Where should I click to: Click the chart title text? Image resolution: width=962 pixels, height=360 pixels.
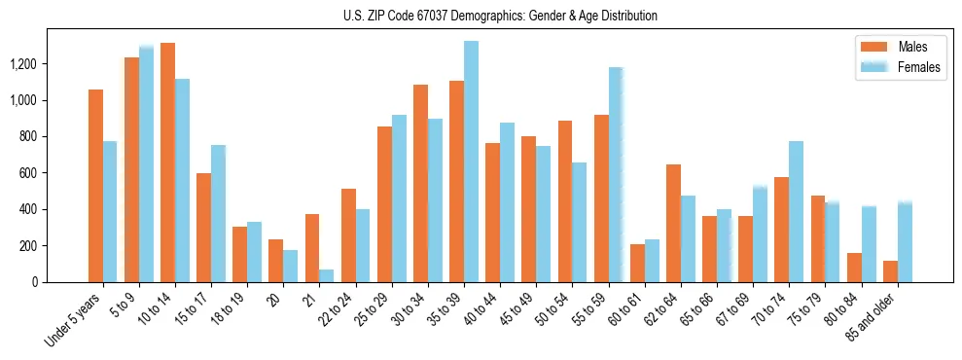pos(500,16)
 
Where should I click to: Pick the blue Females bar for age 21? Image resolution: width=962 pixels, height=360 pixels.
pos(326,275)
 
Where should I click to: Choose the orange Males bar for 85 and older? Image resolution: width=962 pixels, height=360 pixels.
pos(890,271)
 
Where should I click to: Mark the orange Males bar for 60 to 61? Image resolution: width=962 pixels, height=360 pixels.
pos(637,263)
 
